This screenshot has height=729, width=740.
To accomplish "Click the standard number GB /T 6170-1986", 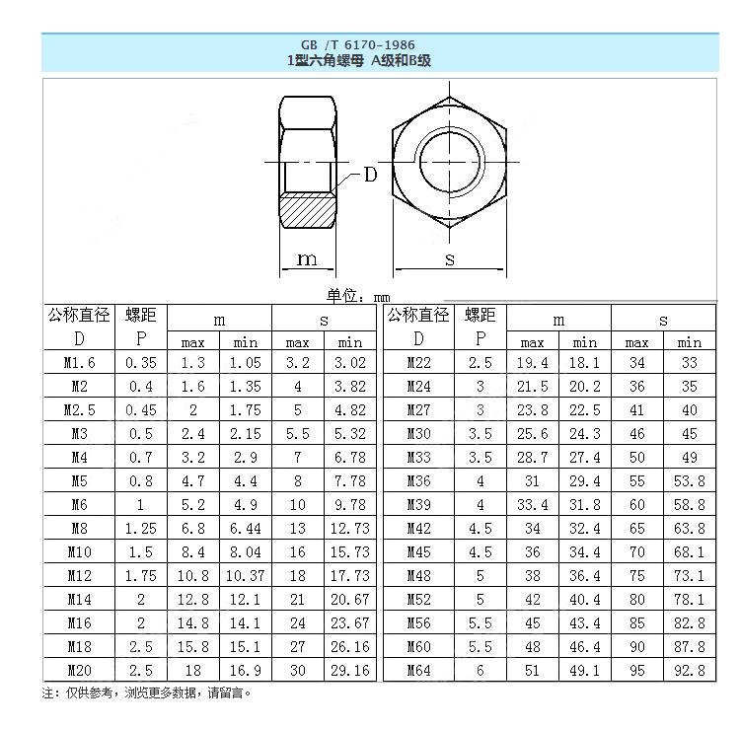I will tap(358, 44).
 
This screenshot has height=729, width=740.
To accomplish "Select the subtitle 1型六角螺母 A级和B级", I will tap(358, 60).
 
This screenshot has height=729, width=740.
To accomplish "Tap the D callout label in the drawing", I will tap(370, 175).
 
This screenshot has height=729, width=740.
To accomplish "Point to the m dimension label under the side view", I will tap(308, 258).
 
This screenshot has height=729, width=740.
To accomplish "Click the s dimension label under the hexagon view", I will tap(450, 258).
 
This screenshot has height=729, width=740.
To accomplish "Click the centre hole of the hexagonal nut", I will tap(450, 160).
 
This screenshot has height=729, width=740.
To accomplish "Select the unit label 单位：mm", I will tap(358, 296).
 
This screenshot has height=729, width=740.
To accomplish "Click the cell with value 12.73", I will tap(350, 528).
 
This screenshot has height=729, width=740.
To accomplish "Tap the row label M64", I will tap(419, 670).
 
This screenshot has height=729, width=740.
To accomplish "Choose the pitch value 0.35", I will tap(141, 362).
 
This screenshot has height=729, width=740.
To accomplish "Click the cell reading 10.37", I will tap(245, 575).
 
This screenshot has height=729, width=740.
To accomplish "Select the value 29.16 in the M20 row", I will tap(350, 670).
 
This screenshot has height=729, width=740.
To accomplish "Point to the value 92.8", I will tap(689, 670).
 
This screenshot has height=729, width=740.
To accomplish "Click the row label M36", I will tap(419, 480).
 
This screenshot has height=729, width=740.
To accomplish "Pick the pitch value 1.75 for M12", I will tap(141, 575).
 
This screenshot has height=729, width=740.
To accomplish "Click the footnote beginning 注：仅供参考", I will tap(147, 693).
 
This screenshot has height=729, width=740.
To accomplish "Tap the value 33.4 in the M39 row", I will tap(532, 504).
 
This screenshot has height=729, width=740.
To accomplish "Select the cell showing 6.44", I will tap(245, 528).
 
